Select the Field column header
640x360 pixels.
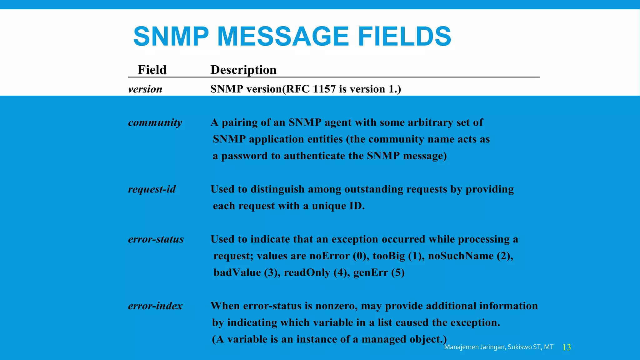tap(152, 70)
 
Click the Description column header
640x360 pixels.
tap(243, 70)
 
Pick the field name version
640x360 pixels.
tap(145, 89)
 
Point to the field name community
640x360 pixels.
tap(155, 122)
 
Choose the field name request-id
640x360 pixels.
tap(152, 189)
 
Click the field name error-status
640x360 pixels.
tap(156, 239)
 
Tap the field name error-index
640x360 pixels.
tap(155, 306)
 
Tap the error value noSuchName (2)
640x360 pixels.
tap(470, 256)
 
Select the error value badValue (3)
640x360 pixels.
tap(247, 272)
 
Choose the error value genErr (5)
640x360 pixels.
tap(379, 272)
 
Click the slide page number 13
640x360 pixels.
tap(567, 347)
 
